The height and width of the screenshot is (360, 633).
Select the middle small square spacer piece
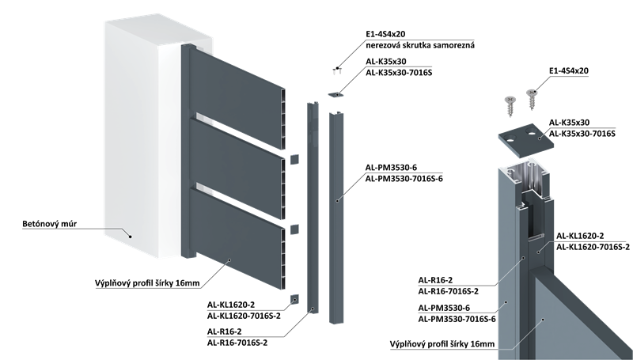pyautogui.click(x=294, y=228)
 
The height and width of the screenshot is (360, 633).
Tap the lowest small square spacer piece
pyautogui.click(x=294, y=298)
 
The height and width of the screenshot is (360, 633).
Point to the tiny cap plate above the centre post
pyautogui.click(x=335, y=94)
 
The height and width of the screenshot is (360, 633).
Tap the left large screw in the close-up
pyautogui.click(x=510, y=104)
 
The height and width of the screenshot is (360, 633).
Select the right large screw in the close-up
pyautogui.click(x=531, y=97)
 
